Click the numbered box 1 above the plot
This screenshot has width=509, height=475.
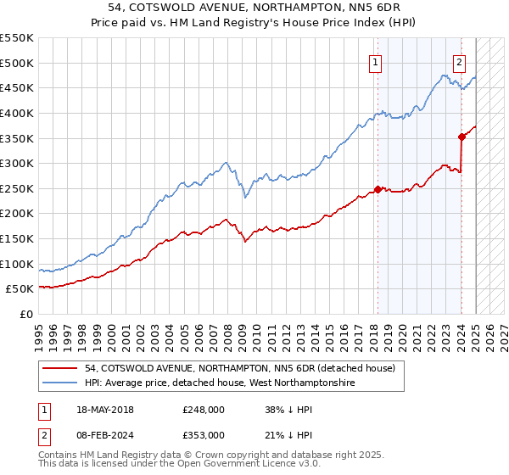(375, 61)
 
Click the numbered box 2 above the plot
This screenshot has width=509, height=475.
(459, 61)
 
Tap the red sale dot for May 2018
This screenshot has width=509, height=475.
(378, 189)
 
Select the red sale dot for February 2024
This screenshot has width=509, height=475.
(461, 137)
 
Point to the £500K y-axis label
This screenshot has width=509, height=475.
(16, 63)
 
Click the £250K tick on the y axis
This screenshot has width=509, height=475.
(16, 188)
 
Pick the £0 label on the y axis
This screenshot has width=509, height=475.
(25, 314)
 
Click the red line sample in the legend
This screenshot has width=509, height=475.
(61, 368)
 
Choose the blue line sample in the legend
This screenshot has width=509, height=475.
(61, 383)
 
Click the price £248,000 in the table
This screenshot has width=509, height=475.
(204, 409)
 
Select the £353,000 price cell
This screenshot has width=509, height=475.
(204, 434)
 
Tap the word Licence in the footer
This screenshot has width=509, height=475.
(255, 465)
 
